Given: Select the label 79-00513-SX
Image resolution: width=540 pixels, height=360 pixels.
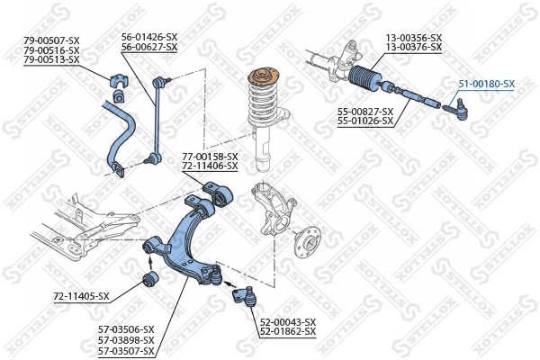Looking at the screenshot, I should pos(51,59).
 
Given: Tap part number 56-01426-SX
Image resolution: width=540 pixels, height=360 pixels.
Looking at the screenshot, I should pos(148,38).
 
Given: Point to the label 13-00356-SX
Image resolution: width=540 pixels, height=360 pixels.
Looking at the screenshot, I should pos(413,38).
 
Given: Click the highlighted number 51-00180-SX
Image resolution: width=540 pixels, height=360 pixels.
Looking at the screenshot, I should pos(486,84).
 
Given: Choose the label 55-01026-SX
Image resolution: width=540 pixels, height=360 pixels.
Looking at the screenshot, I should pos(364,120).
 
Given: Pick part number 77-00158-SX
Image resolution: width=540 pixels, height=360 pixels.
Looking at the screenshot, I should pos(210,156).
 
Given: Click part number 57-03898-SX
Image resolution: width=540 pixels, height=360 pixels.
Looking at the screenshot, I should pos(126,339).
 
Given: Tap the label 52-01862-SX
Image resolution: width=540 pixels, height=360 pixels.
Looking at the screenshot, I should pos(288,332).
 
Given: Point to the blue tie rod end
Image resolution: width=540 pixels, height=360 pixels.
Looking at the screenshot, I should pos(454,111).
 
